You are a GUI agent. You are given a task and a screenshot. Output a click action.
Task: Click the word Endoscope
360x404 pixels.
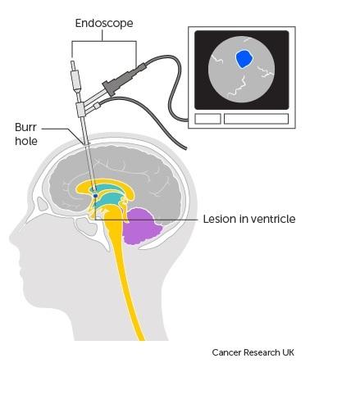click(x=104, y=24)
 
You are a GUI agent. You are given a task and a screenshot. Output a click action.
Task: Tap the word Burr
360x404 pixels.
click(x=25, y=127)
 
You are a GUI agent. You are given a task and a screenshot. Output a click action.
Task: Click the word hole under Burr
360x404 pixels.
click(x=26, y=141)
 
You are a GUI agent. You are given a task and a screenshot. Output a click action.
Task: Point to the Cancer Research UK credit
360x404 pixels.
click(x=253, y=352)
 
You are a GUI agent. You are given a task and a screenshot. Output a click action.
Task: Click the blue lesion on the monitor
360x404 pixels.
click(x=244, y=59)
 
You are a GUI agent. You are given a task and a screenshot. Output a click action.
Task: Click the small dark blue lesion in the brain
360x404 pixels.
click(x=95, y=196)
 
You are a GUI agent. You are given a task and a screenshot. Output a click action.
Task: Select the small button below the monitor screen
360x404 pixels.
click(x=207, y=119)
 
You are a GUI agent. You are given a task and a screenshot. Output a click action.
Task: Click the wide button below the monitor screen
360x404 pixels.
click(x=256, y=119)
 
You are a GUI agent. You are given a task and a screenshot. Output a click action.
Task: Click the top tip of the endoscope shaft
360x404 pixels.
click(x=72, y=61)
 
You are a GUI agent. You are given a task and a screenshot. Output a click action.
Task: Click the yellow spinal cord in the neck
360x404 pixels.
click(x=125, y=273)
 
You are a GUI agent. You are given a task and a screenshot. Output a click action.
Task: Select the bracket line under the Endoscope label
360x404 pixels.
click(x=104, y=41)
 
